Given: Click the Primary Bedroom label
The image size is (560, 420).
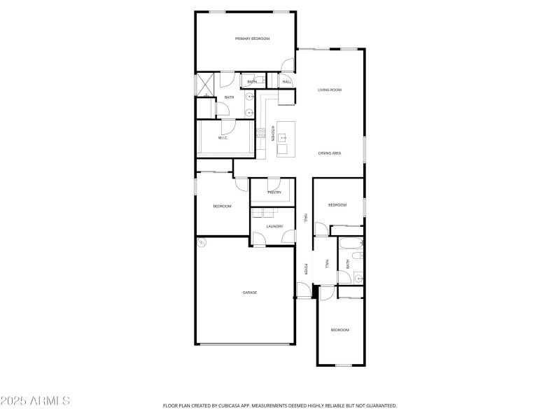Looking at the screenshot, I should (252, 38).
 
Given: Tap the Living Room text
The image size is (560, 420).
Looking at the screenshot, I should (330, 90).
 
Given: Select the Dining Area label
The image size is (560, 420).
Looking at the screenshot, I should (330, 153).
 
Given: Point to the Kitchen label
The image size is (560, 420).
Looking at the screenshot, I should (272, 132).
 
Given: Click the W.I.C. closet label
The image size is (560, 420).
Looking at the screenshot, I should (223, 138).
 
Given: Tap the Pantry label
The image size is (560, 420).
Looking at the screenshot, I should (274, 192).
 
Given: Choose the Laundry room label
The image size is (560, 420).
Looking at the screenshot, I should (274, 226).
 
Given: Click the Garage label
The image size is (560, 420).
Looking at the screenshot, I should (250, 292).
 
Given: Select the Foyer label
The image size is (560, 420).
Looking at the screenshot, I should (306, 269).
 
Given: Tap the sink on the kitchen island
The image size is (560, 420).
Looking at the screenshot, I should (283, 139).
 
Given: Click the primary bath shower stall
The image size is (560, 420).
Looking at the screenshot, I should (205, 85).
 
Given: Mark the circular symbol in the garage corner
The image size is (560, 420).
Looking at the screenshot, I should (202, 243).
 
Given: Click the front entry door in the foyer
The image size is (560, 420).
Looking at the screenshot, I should (302, 290).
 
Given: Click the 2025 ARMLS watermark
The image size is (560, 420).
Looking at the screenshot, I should (35, 401).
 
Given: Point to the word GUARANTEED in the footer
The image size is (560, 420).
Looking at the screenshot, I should (379, 405).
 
